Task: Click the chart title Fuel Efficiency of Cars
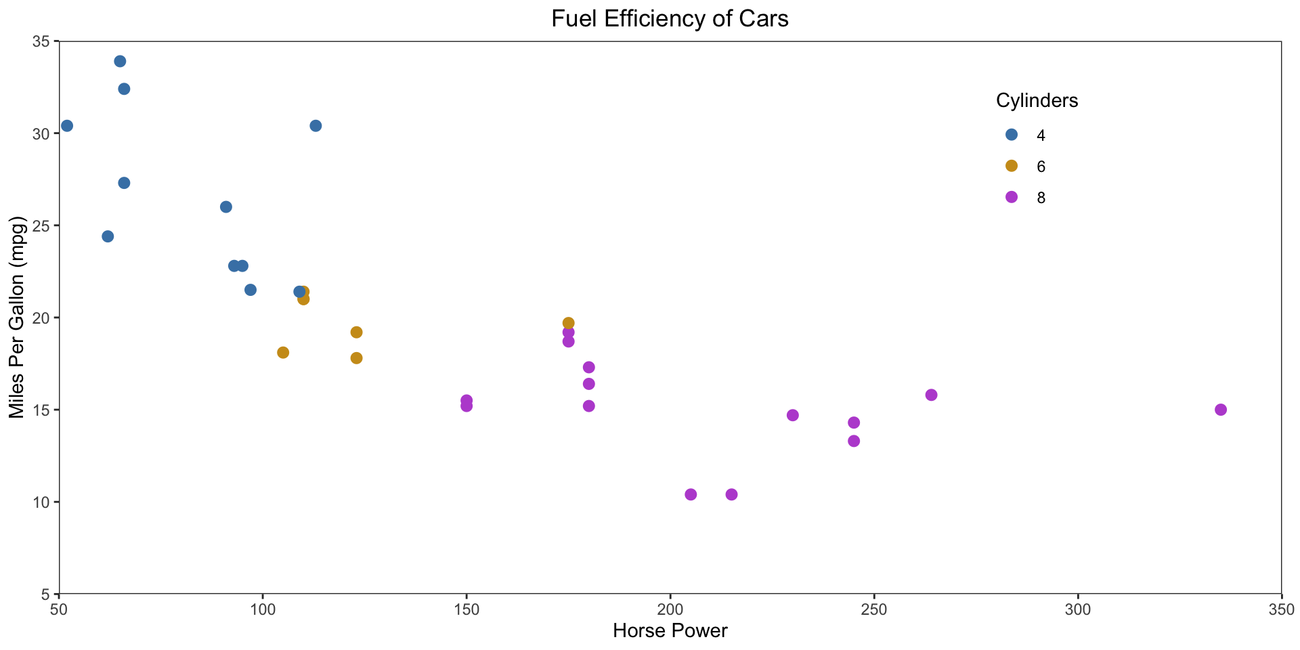click(670, 19)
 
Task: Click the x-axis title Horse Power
click(670, 631)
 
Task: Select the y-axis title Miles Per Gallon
click(17, 318)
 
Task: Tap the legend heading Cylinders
click(1037, 101)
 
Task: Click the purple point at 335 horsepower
click(1221, 410)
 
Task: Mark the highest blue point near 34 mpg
click(120, 61)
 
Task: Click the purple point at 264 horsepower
click(931, 395)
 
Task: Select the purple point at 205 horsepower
click(691, 494)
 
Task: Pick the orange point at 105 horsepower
click(283, 352)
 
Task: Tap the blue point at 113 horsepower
click(316, 126)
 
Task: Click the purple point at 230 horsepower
click(793, 415)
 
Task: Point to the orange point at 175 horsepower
click(569, 323)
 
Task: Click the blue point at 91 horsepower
click(226, 207)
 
